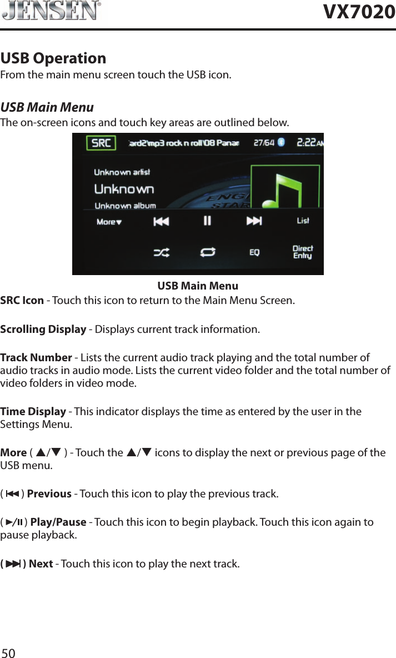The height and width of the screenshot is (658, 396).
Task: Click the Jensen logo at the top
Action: point(51,11)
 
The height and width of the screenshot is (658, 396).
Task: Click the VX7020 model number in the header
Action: point(359,12)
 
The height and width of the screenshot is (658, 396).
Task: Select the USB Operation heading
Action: point(53,58)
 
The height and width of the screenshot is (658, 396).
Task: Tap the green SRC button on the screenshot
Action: point(101,143)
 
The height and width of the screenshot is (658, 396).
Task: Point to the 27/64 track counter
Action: point(264,143)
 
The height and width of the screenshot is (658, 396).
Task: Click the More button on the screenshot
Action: point(109,222)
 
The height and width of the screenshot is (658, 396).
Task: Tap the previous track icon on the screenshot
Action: point(161,221)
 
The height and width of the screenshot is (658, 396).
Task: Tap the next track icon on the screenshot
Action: point(254,221)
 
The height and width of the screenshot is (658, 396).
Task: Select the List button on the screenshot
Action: point(303,221)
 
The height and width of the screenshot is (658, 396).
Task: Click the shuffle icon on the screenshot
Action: point(162,252)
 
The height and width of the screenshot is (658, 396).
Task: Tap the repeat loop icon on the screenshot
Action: point(208,252)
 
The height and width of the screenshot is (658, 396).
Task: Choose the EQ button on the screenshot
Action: point(254,252)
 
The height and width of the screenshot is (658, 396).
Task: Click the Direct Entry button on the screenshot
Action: point(303,252)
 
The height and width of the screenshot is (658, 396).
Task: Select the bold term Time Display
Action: point(33,412)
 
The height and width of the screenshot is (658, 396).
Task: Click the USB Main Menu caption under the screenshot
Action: point(198,286)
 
